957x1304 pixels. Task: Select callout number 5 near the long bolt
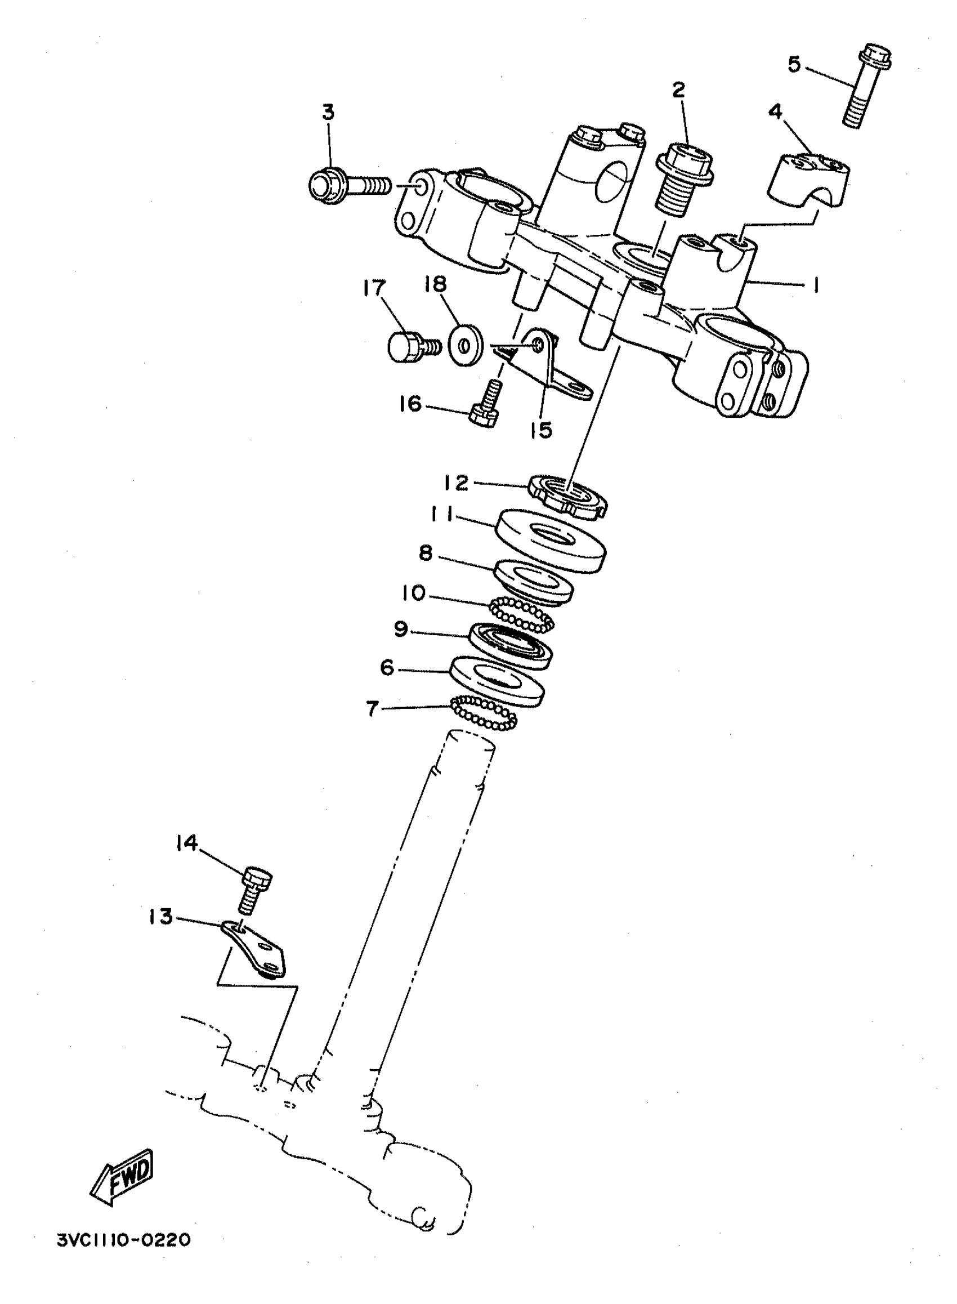click(x=794, y=64)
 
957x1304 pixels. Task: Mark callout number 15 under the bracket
click(x=541, y=430)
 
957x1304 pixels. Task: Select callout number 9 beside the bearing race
click(x=401, y=629)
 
